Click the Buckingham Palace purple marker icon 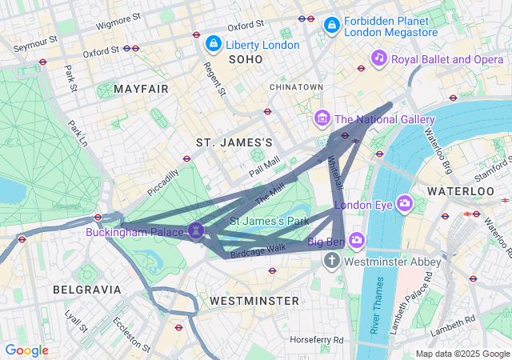[x=197, y=230]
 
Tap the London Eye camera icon [x=405, y=203]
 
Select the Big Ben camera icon [x=356, y=239]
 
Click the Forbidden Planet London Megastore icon [x=331, y=26]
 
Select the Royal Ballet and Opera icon [x=379, y=58]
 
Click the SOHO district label [x=245, y=60]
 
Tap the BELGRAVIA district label [x=86, y=289]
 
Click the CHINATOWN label [x=296, y=86]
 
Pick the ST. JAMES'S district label [x=234, y=142]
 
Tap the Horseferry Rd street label [x=316, y=340]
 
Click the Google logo [x=26, y=350]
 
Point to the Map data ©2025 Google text [x=462, y=354]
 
